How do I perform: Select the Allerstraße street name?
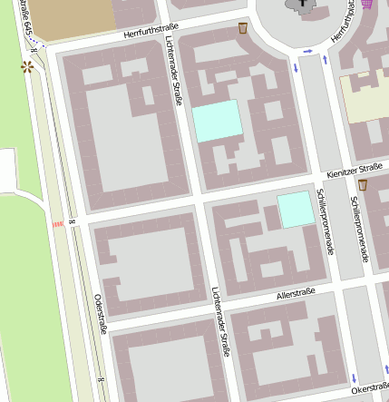tap(297, 292)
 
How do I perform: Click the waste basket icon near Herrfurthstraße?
tap(243, 29)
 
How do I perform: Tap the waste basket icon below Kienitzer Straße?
tap(362, 185)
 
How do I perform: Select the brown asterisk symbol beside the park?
tap(27, 67)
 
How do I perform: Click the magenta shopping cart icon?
tap(366, 4)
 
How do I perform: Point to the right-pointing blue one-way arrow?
tap(308, 50)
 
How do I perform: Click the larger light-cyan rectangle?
tap(217, 121)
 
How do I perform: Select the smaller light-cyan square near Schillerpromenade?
tap(294, 210)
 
